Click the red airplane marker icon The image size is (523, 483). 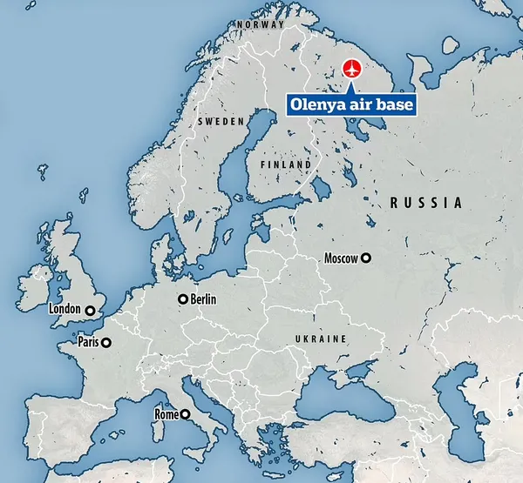(352, 68)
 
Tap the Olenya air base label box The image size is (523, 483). (352, 105)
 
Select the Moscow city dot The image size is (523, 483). (366, 258)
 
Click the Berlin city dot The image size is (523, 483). (182, 299)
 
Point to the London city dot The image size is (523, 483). (90, 309)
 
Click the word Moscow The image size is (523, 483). (340, 258)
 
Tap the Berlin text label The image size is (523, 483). (202, 299)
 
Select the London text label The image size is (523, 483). (65, 309)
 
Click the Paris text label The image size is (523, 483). (88, 343)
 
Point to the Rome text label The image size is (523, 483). (166, 414)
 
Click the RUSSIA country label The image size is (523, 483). (425, 203)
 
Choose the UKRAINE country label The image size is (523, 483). (322, 339)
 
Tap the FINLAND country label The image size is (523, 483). (286, 164)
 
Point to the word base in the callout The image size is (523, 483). (396, 105)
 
